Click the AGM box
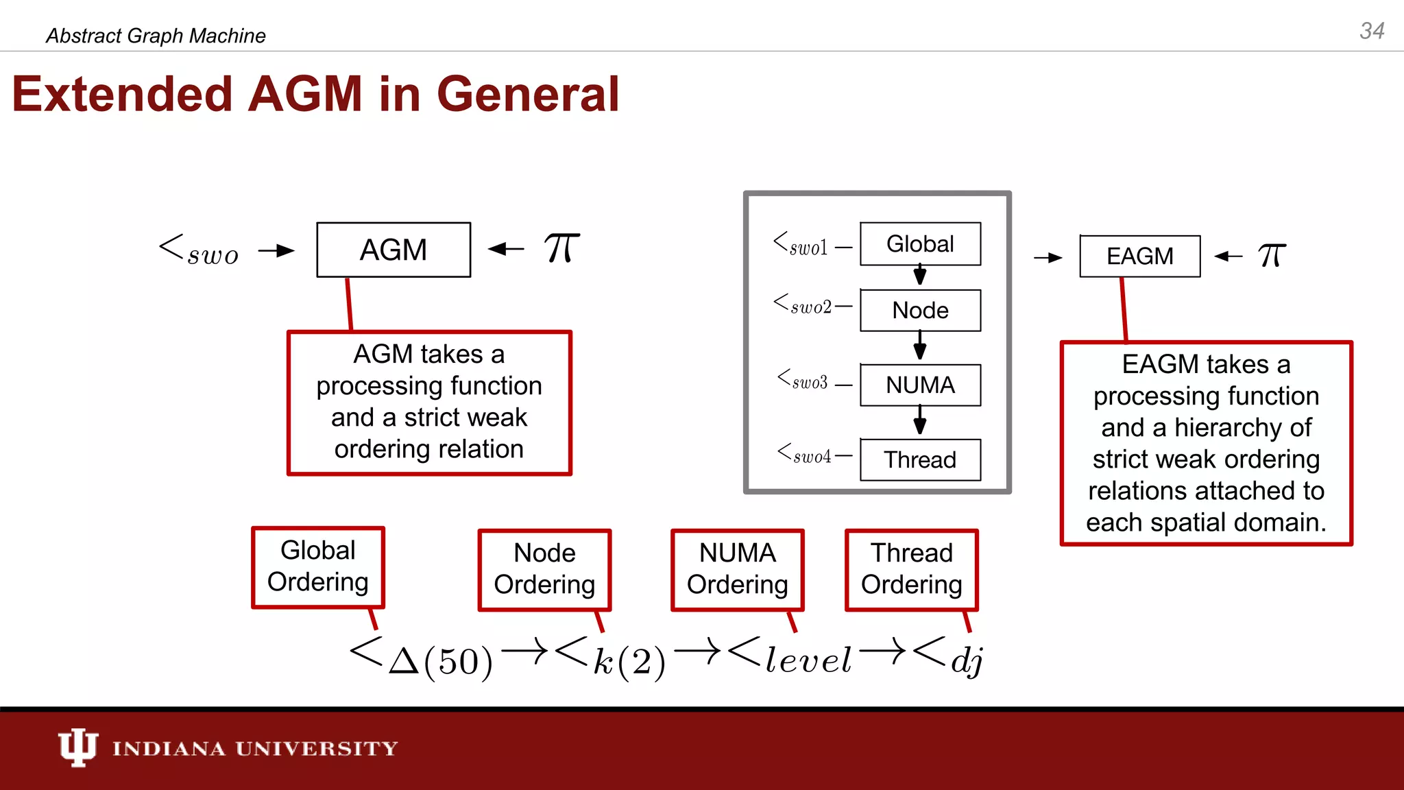point(394,250)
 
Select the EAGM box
point(1139,256)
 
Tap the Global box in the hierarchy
point(920,244)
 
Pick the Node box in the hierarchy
point(920,311)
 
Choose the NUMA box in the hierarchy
point(920,385)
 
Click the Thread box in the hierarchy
point(920,459)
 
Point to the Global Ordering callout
point(318,567)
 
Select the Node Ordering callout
point(544,570)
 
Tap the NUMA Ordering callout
point(738,570)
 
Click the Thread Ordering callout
point(912,570)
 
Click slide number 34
point(1372,31)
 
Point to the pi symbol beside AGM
point(561,248)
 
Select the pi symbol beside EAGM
point(1272,256)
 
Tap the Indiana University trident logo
point(77,747)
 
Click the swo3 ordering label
point(803,381)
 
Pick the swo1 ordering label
point(801,245)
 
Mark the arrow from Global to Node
point(920,276)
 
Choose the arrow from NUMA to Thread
point(920,420)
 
